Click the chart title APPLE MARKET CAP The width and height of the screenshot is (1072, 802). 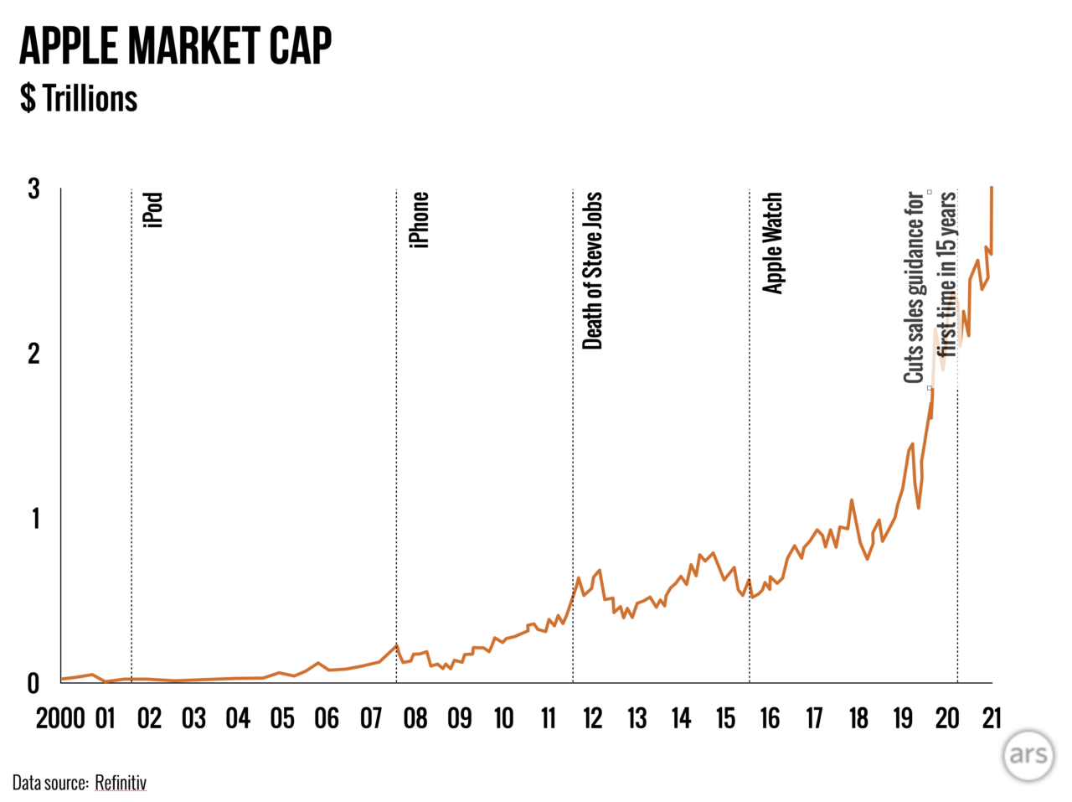(x=175, y=46)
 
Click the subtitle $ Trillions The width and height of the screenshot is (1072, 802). (x=79, y=99)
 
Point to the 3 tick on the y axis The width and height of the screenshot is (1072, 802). (x=33, y=189)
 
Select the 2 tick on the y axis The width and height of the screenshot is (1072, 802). (x=33, y=354)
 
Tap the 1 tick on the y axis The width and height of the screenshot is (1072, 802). (x=35, y=519)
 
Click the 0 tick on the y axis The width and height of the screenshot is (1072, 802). (x=33, y=684)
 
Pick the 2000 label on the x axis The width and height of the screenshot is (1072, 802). (x=60, y=718)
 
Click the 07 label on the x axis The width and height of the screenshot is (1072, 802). (x=371, y=718)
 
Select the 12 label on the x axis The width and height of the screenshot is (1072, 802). (x=593, y=718)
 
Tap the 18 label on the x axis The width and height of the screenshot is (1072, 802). (x=858, y=718)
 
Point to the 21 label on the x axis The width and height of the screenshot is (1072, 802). (x=992, y=718)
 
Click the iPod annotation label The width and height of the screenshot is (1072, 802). (x=153, y=210)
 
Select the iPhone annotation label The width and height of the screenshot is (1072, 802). (x=420, y=220)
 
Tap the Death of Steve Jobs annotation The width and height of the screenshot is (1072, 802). (x=592, y=271)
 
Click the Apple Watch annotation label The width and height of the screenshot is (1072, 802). (x=772, y=243)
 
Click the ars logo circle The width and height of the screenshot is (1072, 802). (x=1028, y=754)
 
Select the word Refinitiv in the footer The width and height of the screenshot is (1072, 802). (x=121, y=784)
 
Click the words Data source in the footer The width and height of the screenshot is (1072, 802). (x=49, y=784)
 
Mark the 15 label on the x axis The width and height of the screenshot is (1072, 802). (x=725, y=718)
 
